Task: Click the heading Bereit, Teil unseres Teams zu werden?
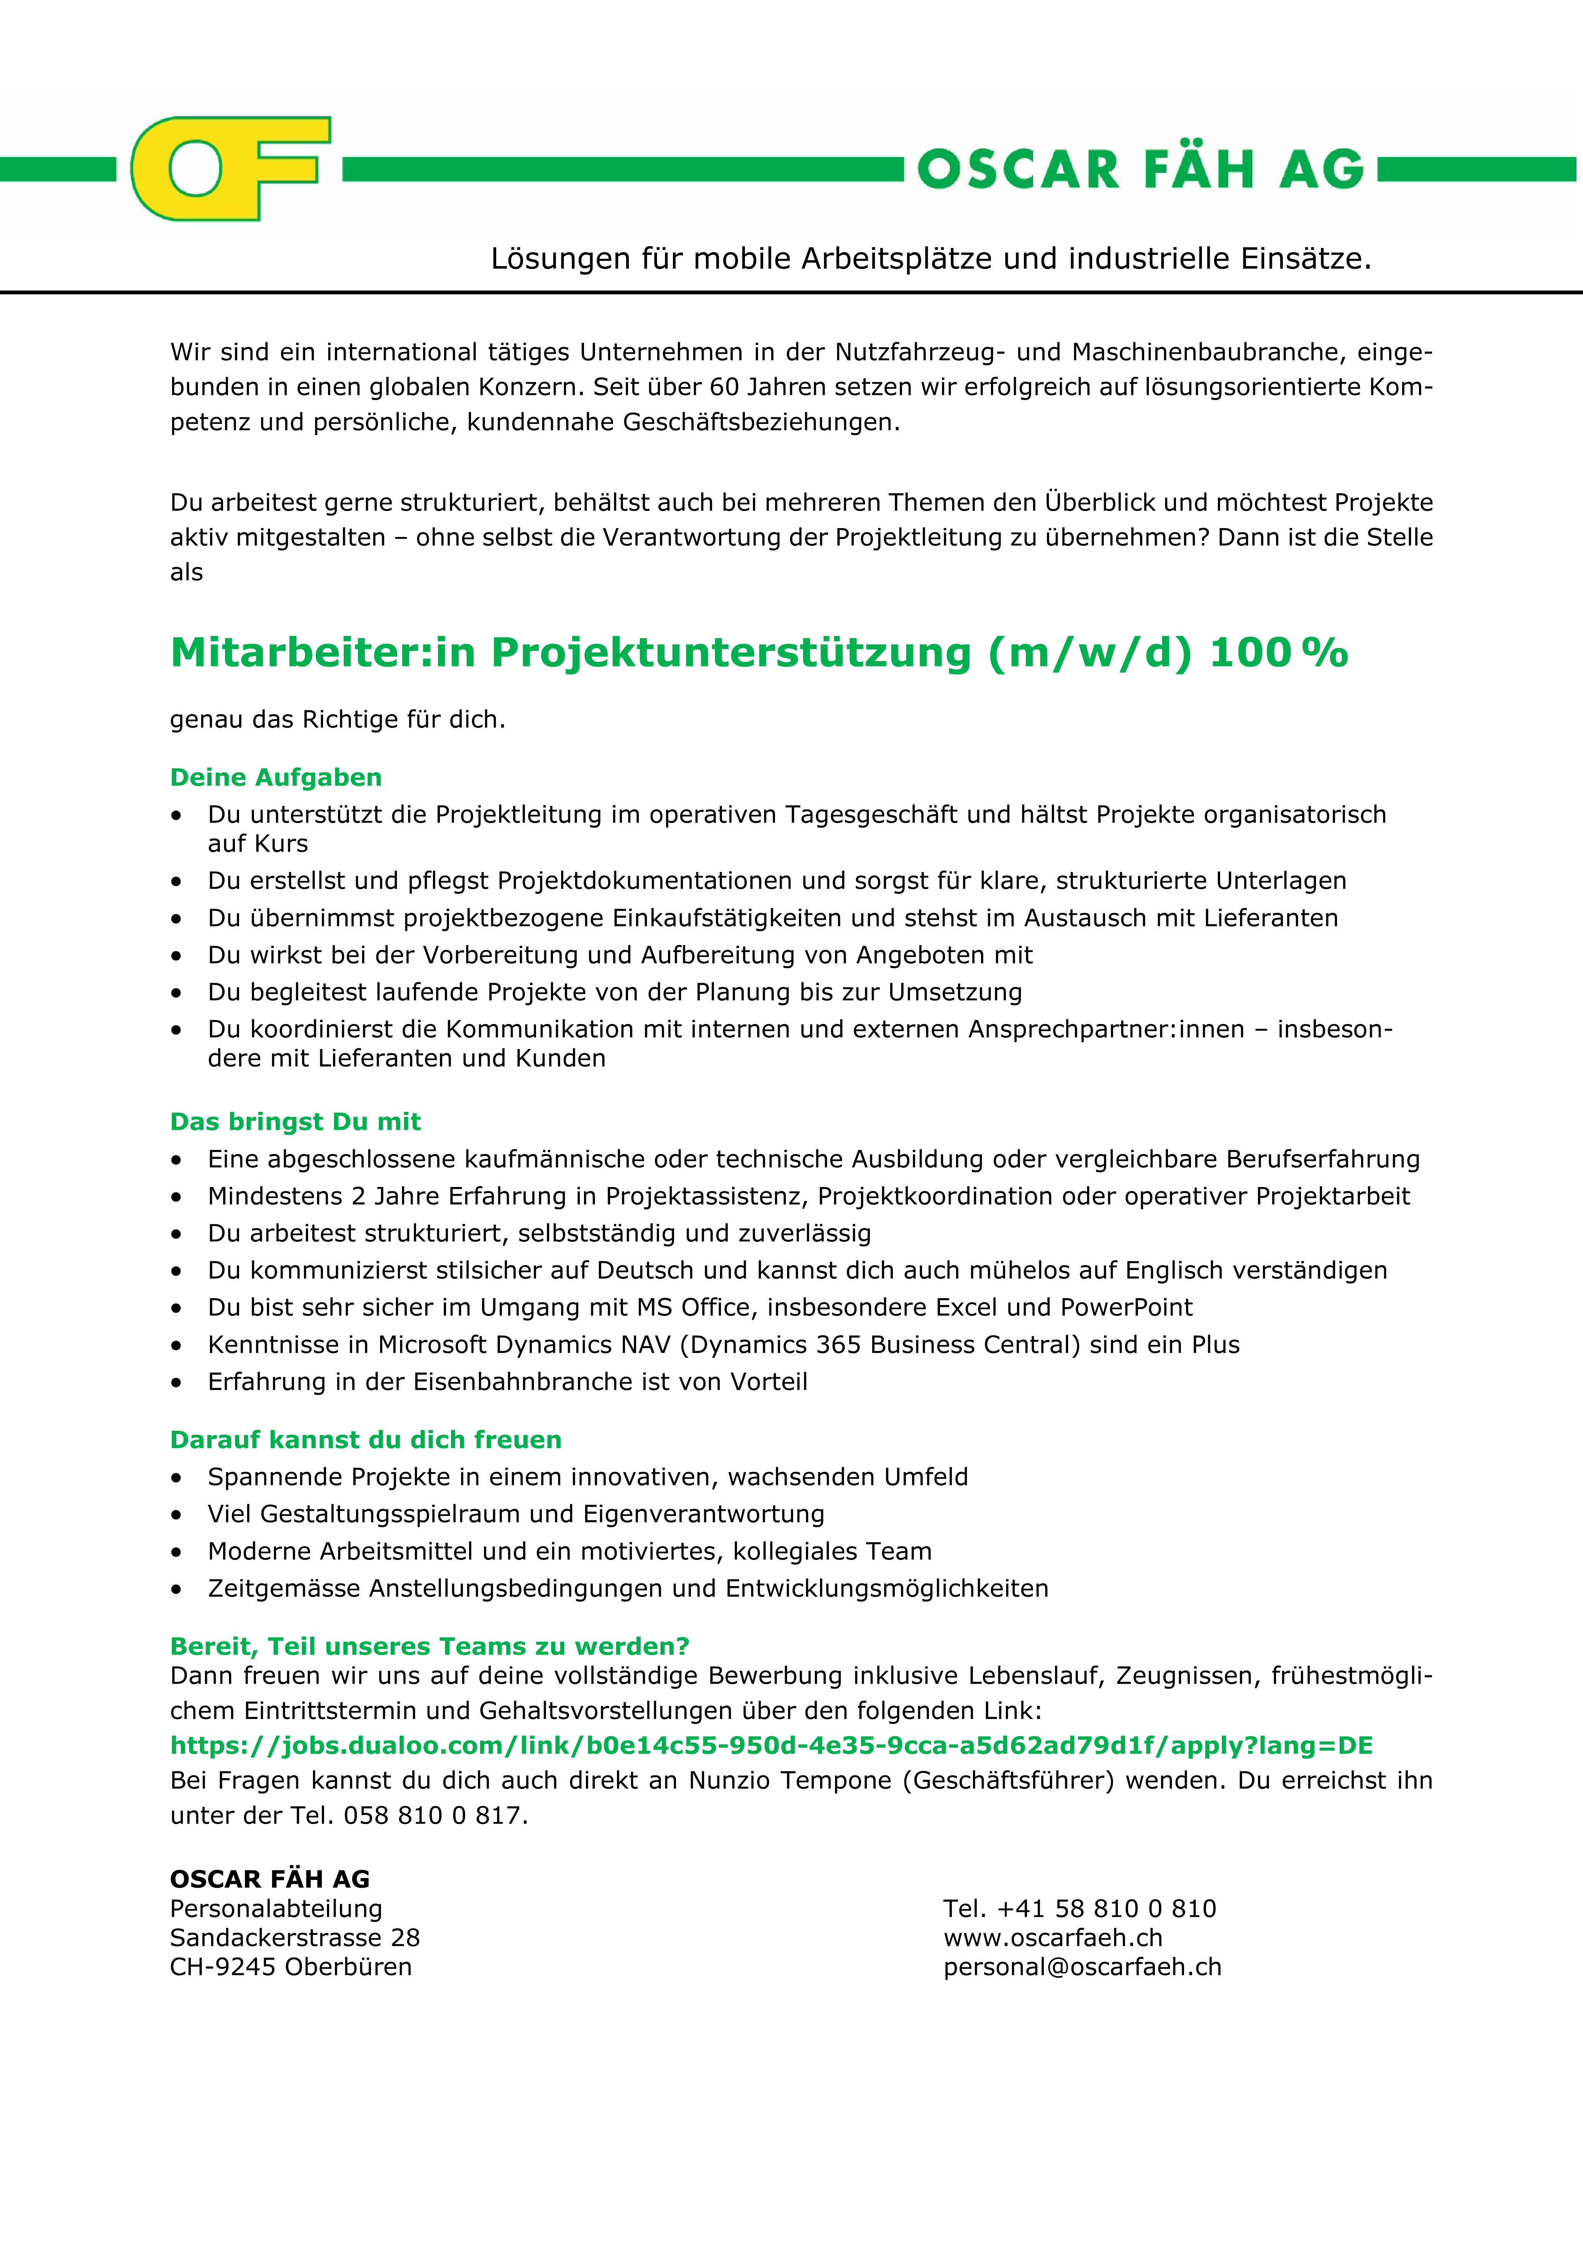430,1647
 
